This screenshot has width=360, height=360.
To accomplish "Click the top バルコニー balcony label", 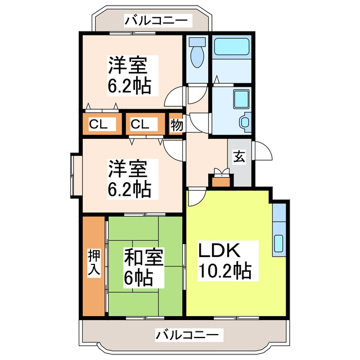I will tap(158, 21).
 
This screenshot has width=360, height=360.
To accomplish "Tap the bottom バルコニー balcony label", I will tap(187, 335).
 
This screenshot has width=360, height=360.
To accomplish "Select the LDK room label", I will tap(219, 250).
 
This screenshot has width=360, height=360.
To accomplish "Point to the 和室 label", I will tap(143, 258).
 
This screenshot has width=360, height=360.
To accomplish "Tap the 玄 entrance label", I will tap(240, 158).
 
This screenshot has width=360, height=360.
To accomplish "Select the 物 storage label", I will tap(177, 125).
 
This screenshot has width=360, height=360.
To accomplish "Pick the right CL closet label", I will tap(141, 124).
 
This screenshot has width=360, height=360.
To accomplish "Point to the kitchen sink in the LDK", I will tap(279, 241).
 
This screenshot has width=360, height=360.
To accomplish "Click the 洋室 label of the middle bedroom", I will tap(128, 168).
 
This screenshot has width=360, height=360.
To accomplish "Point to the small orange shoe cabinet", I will tap(220, 181).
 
